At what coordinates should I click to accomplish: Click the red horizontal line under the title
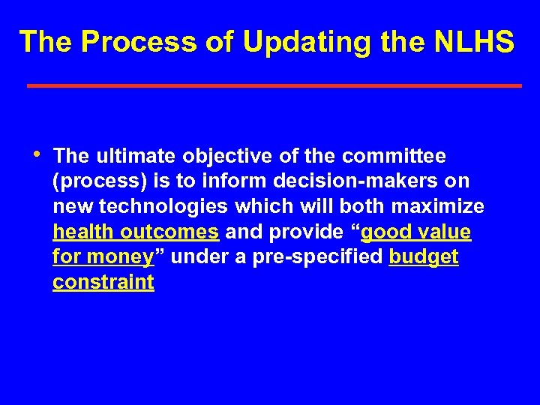pos(274,86)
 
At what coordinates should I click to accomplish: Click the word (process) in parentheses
pos(94,181)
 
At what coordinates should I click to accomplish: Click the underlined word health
pos(78,232)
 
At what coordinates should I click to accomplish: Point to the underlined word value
pos(444,232)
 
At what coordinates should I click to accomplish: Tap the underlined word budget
pos(424,258)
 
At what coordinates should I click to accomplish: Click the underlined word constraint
pos(103,283)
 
